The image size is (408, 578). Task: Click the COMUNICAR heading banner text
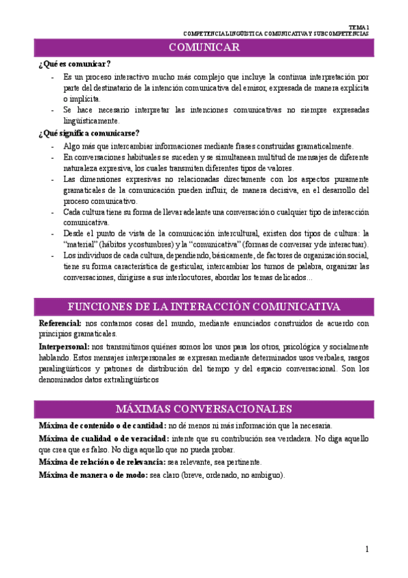[x=204, y=47]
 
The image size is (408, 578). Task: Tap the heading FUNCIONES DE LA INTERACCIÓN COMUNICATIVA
[x=204, y=305]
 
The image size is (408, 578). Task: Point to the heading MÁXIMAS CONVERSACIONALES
[x=204, y=408]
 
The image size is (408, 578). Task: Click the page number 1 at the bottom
[x=366, y=549]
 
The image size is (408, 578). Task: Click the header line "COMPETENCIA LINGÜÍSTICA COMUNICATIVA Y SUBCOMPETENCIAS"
[x=277, y=33]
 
